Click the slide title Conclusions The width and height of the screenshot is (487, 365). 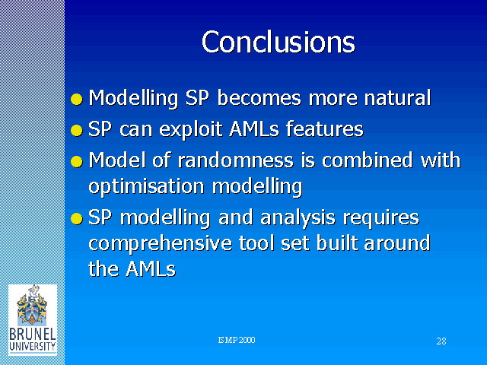coord(278,42)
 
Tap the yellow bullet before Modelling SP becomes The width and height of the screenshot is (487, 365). coord(77,100)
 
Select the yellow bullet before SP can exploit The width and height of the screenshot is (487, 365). coord(77,130)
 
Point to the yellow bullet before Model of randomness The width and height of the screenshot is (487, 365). coord(77,162)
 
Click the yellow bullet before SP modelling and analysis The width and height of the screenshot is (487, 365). coord(77,218)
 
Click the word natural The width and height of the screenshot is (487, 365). coord(397,98)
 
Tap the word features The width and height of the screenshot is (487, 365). coord(325,129)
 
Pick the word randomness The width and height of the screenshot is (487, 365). coord(235,160)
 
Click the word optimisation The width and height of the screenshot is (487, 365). coord(146,187)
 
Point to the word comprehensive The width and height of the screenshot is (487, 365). coord(161,243)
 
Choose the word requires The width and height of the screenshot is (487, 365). coord(380,218)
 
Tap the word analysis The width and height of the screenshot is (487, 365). coord(298,218)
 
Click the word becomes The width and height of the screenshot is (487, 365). coord(259,98)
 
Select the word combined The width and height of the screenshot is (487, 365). coord(367,160)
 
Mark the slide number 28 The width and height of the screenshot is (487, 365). coord(441,341)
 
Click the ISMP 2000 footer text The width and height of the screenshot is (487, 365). coord(237,340)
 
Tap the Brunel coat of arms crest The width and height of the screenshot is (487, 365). coord(32,306)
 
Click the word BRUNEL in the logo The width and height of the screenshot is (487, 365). coord(32,335)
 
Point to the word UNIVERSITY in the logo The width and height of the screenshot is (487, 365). coord(32,347)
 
